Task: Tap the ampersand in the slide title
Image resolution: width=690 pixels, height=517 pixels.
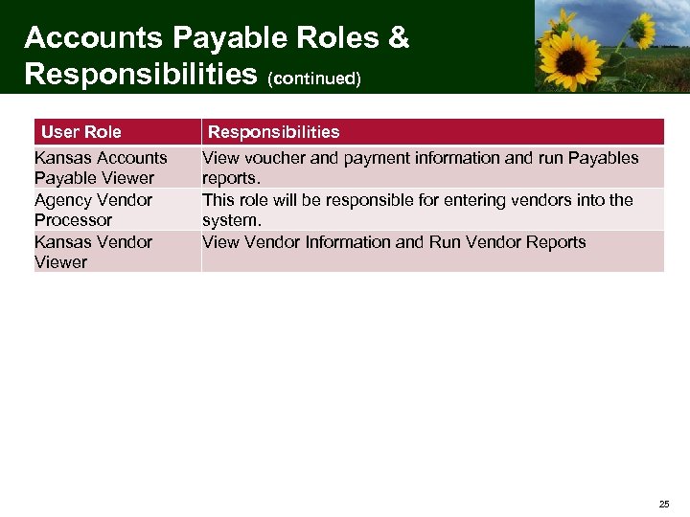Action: (397, 38)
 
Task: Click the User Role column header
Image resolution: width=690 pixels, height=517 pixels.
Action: (81, 132)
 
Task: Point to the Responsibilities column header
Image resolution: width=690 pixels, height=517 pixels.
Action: (274, 132)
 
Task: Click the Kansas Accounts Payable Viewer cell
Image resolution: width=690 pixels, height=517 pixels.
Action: (101, 168)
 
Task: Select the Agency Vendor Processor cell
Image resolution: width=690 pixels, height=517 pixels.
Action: (93, 210)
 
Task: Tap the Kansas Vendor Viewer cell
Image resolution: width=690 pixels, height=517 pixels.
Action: (93, 252)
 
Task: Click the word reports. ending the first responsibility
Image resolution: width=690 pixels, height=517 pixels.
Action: (230, 178)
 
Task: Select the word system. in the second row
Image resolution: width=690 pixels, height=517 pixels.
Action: (231, 220)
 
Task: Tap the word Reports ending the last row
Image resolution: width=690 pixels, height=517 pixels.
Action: (553, 242)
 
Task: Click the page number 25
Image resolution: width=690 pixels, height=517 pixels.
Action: (664, 504)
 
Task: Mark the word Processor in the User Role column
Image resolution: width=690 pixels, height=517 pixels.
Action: (73, 220)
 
